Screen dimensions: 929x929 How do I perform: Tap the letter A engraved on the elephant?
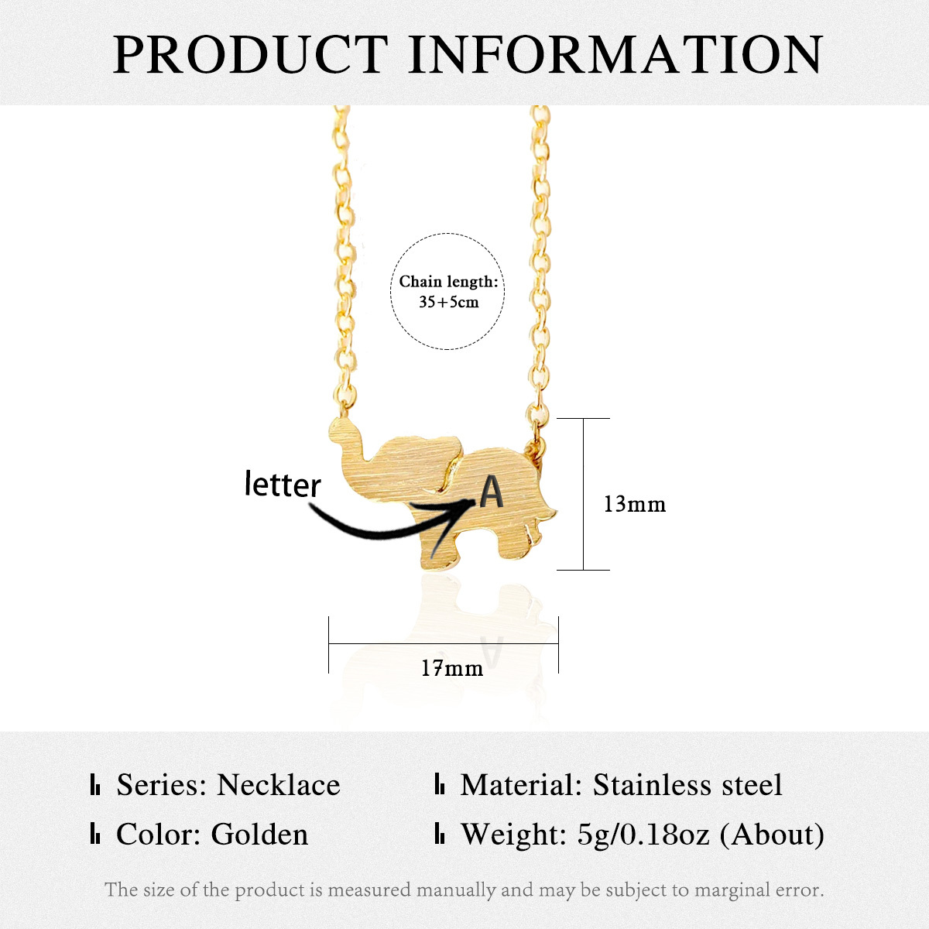click(x=492, y=492)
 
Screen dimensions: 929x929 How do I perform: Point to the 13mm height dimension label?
click(x=634, y=504)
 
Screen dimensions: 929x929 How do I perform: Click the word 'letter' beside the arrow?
click(x=283, y=485)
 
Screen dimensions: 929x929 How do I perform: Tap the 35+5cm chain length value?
click(x=448, y=302)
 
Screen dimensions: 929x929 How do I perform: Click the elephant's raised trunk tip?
click(x=338, y=428)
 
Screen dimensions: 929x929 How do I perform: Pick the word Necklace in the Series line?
click(x=278, y=785)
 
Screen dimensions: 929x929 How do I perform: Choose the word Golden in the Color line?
click(x=259, y=835)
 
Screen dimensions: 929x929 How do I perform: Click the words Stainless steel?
click(x=687, y=785)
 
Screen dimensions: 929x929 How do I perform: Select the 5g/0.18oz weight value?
click(x=643, y=835)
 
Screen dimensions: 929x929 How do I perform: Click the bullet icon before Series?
click(x=95, y=786)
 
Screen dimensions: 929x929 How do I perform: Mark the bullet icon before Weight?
click(x=440, y=835)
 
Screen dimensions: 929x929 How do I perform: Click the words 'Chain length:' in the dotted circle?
click(x=448, y=282)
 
